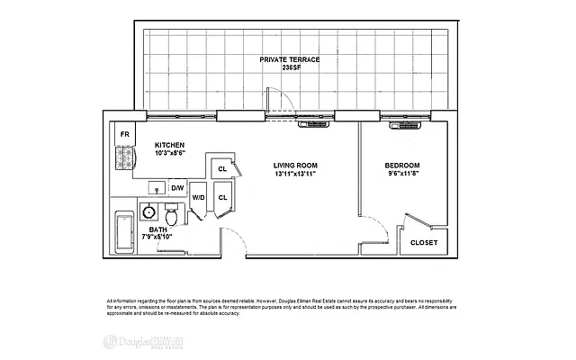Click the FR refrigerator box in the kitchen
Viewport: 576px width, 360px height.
124,135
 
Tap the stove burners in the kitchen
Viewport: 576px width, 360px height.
125,160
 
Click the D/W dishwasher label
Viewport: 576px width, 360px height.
177,188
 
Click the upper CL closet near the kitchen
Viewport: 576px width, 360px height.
220,168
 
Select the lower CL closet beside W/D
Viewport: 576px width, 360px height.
221,197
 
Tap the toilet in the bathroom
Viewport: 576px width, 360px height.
174,216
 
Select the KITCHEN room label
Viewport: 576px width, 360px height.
170,145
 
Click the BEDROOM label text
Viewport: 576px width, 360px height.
402,166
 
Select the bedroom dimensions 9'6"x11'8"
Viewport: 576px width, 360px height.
402,174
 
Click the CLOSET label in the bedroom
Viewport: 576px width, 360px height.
424,242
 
